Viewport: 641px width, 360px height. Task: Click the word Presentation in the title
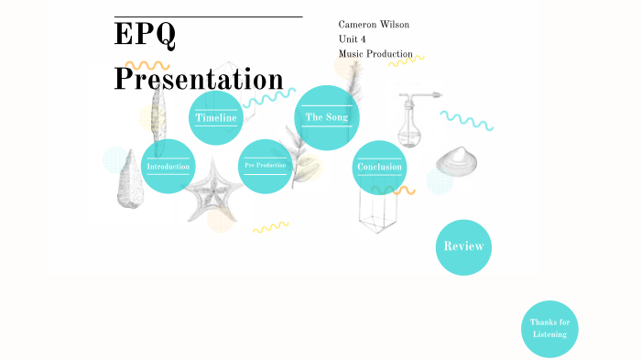(199, 78)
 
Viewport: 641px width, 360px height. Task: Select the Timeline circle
(216, 118)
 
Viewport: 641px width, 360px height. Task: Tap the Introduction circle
(168, 167)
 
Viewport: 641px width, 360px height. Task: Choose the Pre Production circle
(265, 166)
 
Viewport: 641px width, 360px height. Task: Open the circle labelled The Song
(327, 117)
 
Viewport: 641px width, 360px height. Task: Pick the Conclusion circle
(379, 168)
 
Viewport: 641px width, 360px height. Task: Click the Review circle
(463, 246)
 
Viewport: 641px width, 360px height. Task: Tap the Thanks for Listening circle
(549, 329)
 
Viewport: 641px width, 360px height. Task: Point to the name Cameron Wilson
(373, 23)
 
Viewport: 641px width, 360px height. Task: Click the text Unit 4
(353, 38)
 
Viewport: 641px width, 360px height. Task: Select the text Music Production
(375, 54)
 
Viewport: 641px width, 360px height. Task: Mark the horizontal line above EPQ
(208, 16)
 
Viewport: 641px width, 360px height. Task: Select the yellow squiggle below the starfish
(271, 226)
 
